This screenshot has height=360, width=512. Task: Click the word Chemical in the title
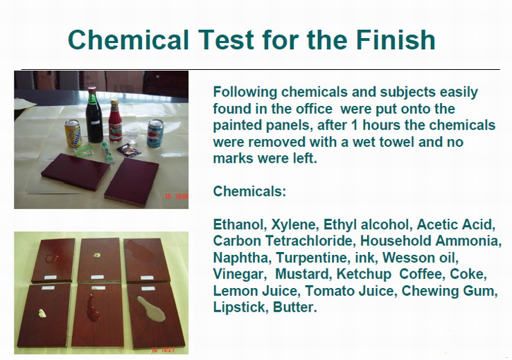[x=128, y=39]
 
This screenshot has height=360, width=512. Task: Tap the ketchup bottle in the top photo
[x=115, y=120]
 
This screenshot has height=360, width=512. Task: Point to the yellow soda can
[x=73, y=134]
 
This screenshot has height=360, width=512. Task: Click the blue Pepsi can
[x=155, y=133]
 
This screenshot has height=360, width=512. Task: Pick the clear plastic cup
[x=132, y=133]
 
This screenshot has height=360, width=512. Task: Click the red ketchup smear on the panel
[x=93, y=308]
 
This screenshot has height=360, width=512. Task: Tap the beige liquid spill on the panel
[x=152, y=309]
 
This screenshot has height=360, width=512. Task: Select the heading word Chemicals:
[x=249, y=191]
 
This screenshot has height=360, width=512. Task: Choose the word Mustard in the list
[x=301, y=274]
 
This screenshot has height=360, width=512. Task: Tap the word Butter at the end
[x=295, y=307]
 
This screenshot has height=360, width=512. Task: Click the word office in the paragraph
[x=314, y=109]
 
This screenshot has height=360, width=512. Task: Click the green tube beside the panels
[x=108, y=152]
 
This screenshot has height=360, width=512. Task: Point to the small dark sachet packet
[x=129, y=150]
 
